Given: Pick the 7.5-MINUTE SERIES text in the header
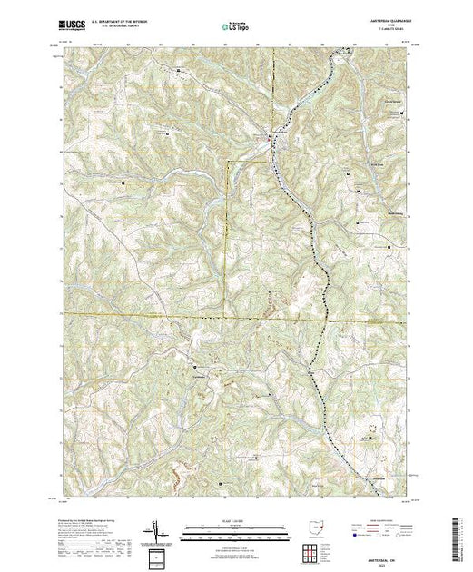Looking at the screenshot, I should click(x=391, y=32).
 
